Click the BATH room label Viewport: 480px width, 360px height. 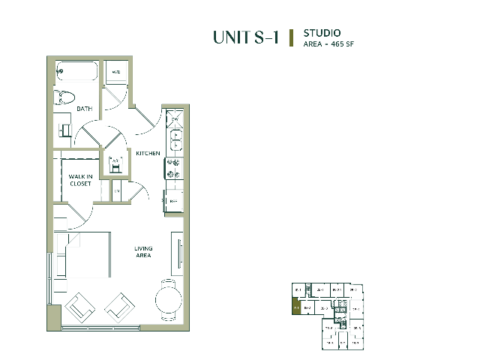tap(85, 109)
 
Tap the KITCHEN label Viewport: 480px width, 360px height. tap(148, 153)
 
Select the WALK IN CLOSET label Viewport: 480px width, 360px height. tap(80, 180)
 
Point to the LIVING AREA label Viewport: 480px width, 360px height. tap(142, 252)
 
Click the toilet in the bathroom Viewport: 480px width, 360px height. tap(64, 97)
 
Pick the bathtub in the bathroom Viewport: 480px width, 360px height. tap(76, 73)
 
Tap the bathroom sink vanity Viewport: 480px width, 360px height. tap(64, 130)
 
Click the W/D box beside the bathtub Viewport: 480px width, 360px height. tap(116, 72)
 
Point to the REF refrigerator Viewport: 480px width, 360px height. tap(174, 201)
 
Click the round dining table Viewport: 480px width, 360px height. tap(168, 300)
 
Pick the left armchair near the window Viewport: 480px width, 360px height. tap(80, 307)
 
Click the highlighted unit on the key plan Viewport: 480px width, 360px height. tap(296, 307)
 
